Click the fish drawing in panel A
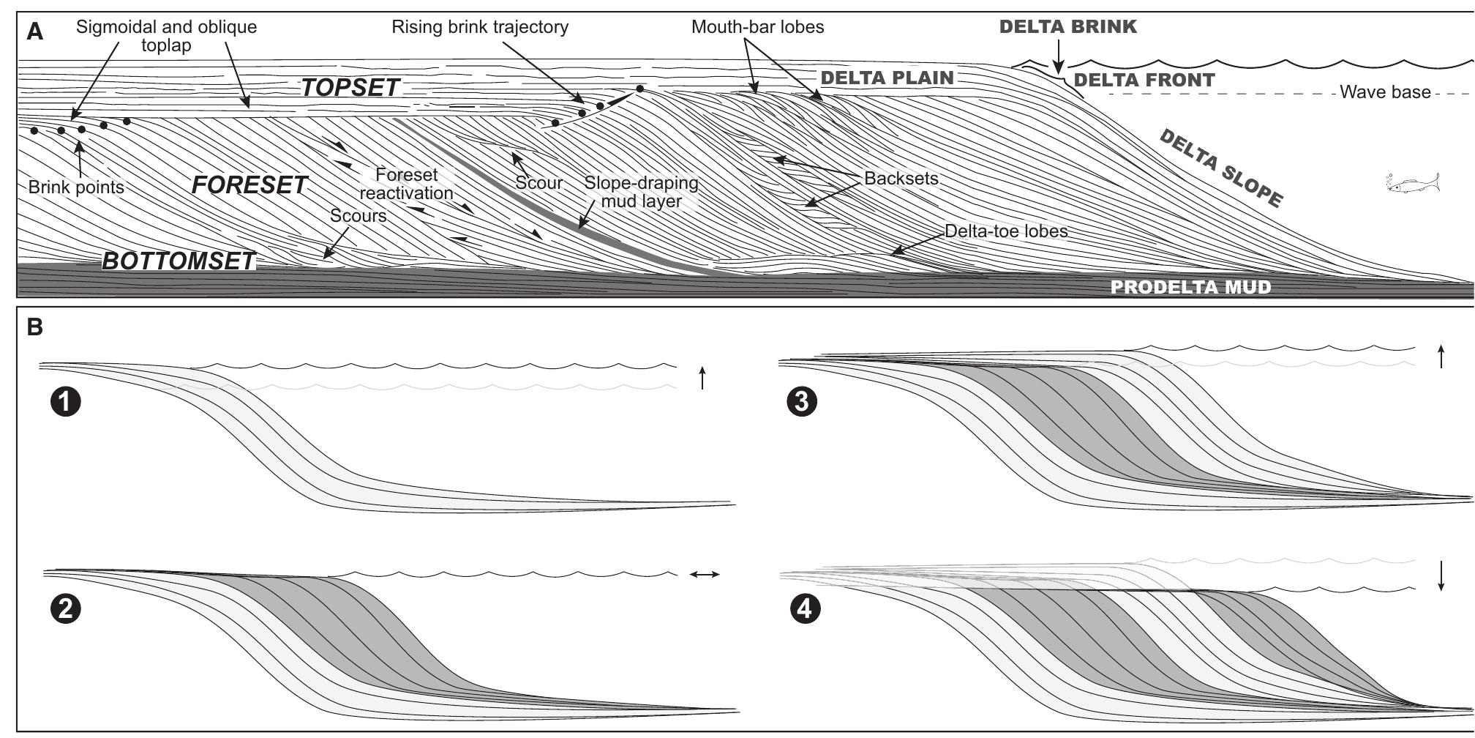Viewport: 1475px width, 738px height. point(1413,184)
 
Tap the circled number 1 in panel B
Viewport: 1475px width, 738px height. point(66,402)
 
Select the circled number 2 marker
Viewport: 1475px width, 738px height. point(66,609)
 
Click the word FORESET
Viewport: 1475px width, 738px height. point(249,185)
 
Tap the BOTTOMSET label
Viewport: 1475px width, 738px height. point(178,261)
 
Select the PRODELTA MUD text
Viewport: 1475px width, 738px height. point(1190,287)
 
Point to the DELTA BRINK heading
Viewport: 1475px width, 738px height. point(1067,27)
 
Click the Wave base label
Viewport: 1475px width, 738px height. point(1384,92)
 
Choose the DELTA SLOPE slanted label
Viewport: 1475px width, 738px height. point(1221,168)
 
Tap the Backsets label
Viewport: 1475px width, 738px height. point(901,179)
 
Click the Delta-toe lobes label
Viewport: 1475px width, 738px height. point(1006,231)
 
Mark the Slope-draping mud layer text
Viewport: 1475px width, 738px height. point(641,192)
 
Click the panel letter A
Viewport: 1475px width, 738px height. point(34,32)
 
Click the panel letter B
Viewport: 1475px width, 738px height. point(34,327)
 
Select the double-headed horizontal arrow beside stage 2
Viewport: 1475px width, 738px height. point(705,575)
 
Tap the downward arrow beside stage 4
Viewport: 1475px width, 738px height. point(1441,595)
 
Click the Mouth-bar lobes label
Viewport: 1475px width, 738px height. point(757,28)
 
